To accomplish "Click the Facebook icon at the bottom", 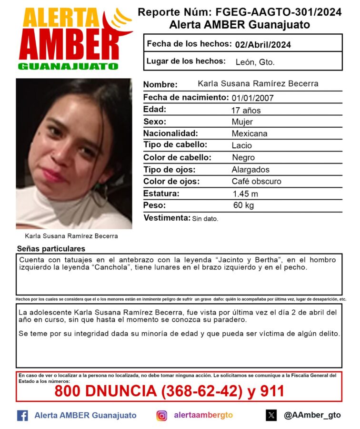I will pos(22,415).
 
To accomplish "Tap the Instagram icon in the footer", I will pos(162,415).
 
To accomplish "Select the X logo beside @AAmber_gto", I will pos(271,415).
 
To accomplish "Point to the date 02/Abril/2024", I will pos(263,45).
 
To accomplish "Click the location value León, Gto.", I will pos(255,62).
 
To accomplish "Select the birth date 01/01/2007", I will pos(252,98).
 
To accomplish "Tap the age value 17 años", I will pos(246,111).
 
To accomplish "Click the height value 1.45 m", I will pos(245,194).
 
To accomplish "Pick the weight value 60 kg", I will pos(243,206).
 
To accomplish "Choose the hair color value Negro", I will pos(243,158).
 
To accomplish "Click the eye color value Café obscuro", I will pos(256,182).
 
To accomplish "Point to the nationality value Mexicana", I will pos(250,134).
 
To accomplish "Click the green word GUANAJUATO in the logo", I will pos(68,67).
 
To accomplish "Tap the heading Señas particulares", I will pos(51,249).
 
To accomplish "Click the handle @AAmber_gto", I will pos(312,415).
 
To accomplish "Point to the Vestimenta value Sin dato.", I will pos(205,219).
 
